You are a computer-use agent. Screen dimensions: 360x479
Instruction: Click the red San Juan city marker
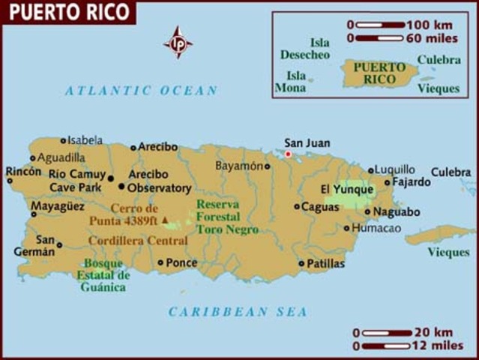pyautogui.click(x=288, y=154)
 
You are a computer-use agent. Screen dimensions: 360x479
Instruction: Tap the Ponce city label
pyautogui.click(x=182, y=262)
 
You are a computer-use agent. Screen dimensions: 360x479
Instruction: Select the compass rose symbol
pyautogui.click(x=178, y=42)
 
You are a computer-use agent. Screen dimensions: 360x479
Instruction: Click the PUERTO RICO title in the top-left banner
pyautogui.click(x=67, y=12)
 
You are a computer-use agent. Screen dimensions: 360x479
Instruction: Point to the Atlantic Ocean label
pyautogui.click(x=141, y=91)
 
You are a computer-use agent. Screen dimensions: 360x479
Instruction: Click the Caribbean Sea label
pyautogui.click(x=238, y=312)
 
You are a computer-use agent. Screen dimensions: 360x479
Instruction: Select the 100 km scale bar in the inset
pyautogui.click(x=380, y=25)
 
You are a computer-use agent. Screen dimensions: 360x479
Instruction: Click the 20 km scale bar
pyautogui.click(x=387, y=333)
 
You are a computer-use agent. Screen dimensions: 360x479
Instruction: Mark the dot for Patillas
pyautogui.click(x=301, y=263)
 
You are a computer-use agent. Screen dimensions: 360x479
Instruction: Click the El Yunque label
pyautogui.click(x=346, y=189)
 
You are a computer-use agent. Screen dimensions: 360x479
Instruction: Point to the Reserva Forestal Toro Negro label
pyautogui.click(x=227, y=217)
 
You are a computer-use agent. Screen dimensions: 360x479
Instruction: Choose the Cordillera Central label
pyautogui.click(x=138, y=241)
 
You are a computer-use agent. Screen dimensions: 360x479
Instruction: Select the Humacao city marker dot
pyautogui.click(x=346, y=228)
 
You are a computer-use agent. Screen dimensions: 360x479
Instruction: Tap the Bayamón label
pyautogui.click(x=239, y=165)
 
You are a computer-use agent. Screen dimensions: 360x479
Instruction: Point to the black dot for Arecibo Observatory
pyautogui.click(x=121, y=187)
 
